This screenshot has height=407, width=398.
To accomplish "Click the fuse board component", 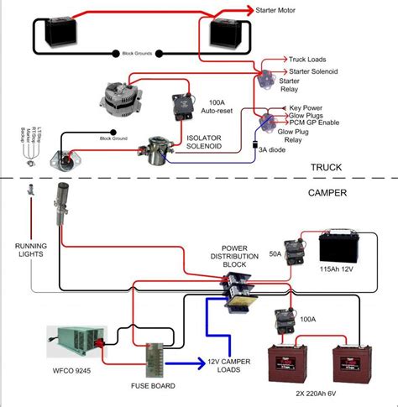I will tap(155, 358).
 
